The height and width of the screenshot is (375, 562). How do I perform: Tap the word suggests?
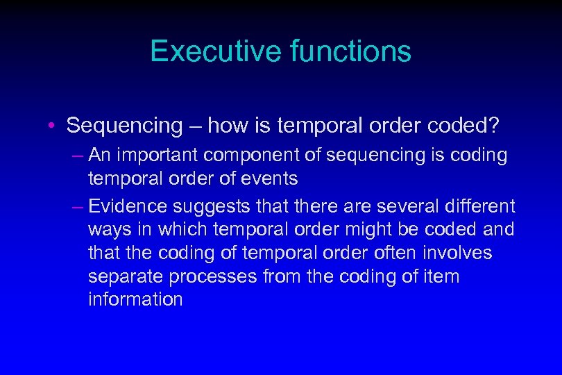(x=208, y=206)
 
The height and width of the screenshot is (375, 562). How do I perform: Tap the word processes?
(x=212, y=276)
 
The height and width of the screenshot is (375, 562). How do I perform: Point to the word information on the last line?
(x=135, y=299)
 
